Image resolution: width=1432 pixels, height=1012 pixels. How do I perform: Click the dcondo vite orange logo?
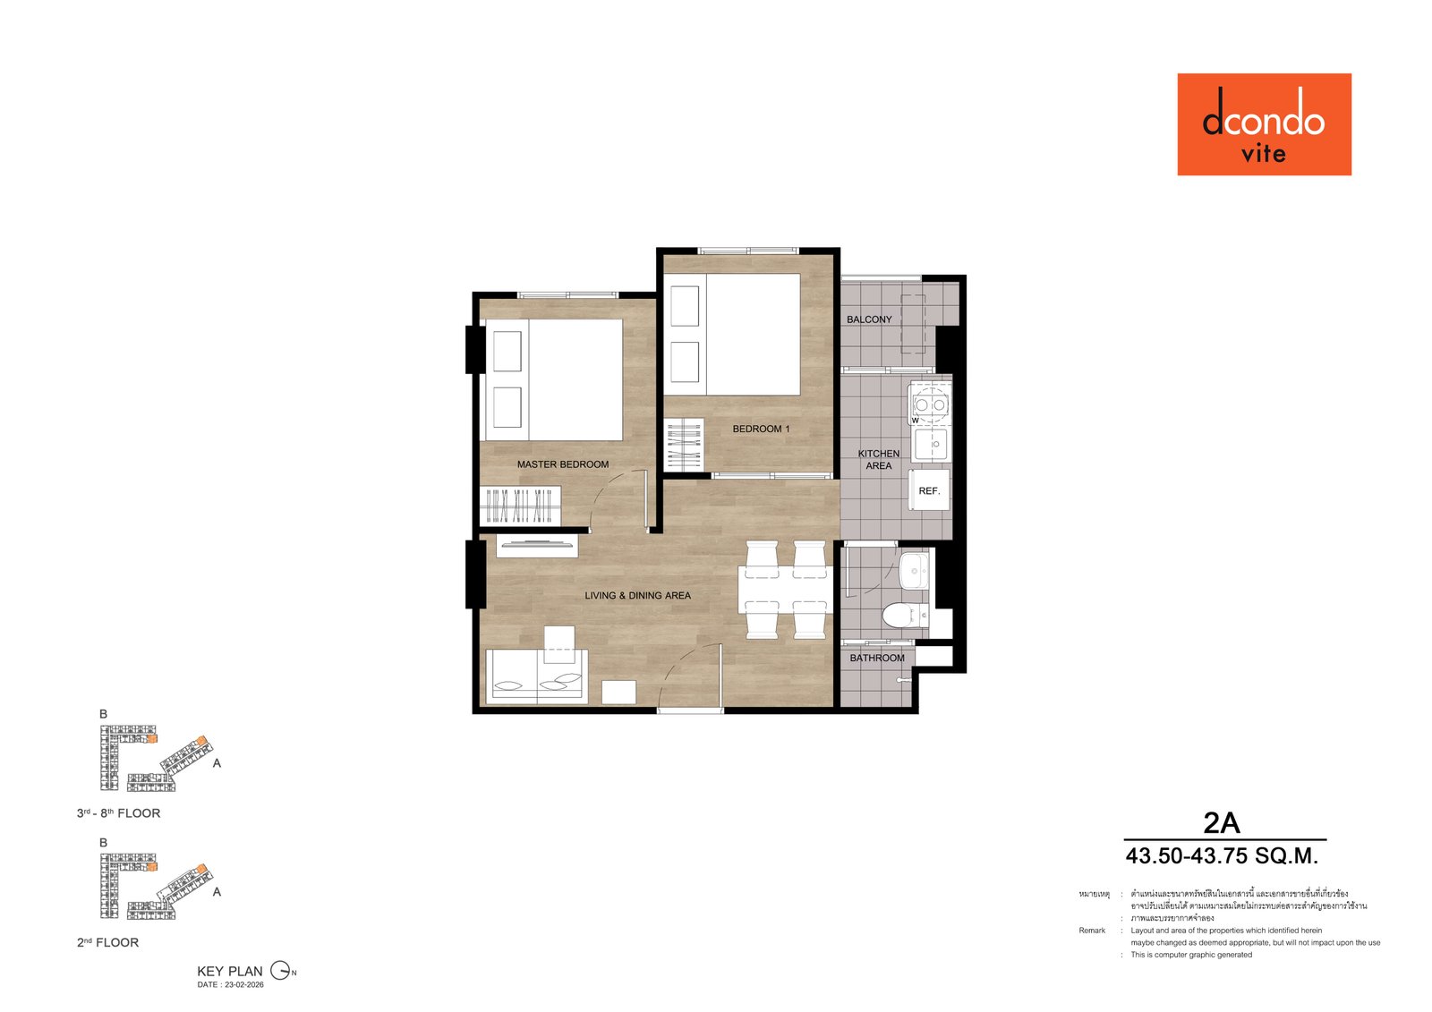[1264, 124]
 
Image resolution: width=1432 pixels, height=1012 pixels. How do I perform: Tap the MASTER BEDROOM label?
[562, 464]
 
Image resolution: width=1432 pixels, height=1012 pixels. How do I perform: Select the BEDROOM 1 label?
[761, 429]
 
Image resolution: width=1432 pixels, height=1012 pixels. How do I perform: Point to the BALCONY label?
[869, 319]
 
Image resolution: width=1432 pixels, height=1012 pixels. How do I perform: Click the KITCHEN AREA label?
[879, 459]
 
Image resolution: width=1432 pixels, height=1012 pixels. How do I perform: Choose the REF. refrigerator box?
[929, 490]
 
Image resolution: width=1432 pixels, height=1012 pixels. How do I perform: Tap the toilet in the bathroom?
[902, 616]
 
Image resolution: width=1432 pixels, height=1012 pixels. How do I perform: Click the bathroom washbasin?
[915, 569]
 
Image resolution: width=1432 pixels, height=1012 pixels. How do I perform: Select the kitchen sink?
[931, 443]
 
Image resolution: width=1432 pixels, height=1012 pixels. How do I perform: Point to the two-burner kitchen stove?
[930, 404]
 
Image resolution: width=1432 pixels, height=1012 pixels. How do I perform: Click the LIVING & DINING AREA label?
[637, 595]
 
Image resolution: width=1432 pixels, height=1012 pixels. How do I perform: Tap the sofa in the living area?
[535, 676]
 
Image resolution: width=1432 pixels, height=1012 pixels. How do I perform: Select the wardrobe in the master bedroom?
[520, 506]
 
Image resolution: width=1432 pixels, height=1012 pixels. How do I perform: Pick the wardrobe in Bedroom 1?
[684, 445]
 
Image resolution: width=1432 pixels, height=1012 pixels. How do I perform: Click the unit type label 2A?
[1221, 822]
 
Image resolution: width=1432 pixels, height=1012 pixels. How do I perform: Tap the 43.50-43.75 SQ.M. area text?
[1222, 856]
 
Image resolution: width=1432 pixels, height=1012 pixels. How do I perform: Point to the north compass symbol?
[282, 971]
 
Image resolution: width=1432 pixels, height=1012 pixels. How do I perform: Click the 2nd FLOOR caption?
[107, 942]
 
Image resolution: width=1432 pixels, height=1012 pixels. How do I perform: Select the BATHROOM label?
[877, 658]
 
